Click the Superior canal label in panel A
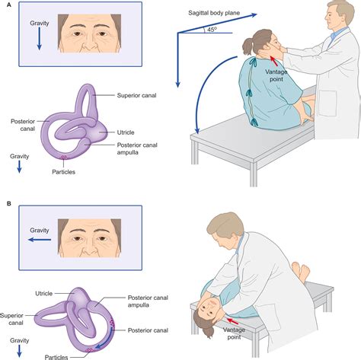pyautogui.click(x=136, y=96)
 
